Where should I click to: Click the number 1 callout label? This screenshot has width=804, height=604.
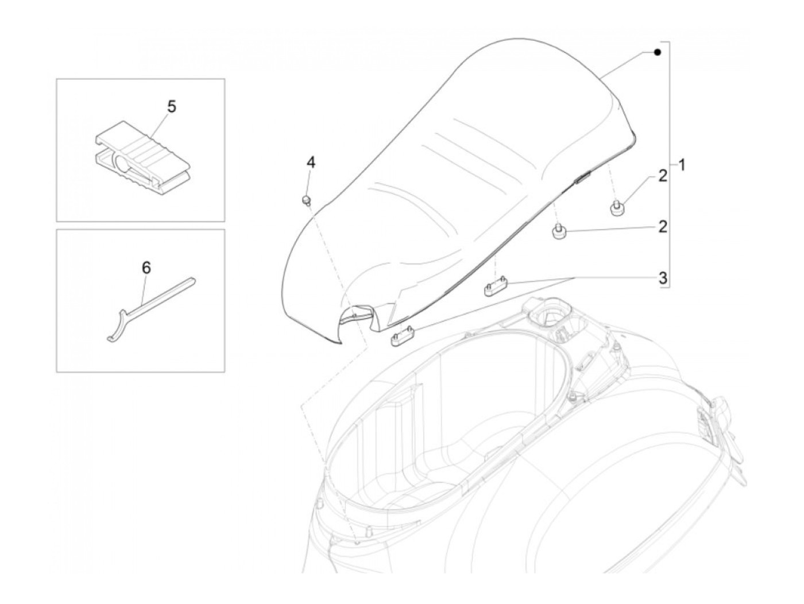tap(681, 166)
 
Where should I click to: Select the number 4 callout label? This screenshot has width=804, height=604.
tap(310, 162)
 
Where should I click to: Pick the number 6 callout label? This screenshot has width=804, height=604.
tap(146, 268)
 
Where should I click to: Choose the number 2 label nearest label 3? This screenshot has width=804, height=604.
tap(663, 227)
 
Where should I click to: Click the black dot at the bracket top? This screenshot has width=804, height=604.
tap(658, 53)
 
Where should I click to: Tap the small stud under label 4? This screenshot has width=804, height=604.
tap(307, 200)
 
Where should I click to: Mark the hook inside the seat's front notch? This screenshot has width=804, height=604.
tap(357, 315)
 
